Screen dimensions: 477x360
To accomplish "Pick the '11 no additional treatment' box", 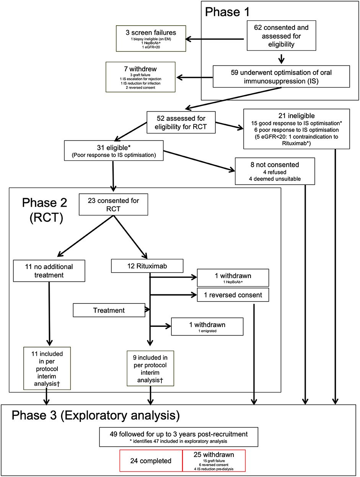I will coord(49,271).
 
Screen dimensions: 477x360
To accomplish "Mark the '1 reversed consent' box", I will coord(233,295).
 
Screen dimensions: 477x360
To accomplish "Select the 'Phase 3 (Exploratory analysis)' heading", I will coord(96,415).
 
